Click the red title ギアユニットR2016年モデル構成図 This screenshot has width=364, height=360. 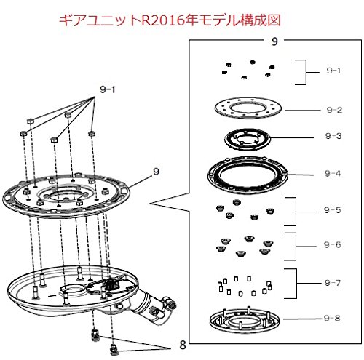pyautogui.click(x=170, y=20)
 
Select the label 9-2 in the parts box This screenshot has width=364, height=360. pyautogui.click(x=334, y=110)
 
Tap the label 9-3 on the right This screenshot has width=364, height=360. pyautogui.click(x=333, y=136)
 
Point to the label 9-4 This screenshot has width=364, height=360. pyautogui.click(x=333, y=173)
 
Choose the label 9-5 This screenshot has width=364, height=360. pyautogui.click(x=332, y=210)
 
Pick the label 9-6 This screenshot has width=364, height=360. pyautogui.click(x=332, y=244)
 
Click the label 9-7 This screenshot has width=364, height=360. pyautogui.click(x=333, y=283)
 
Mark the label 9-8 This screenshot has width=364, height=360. pyautogui.click(x=332, y=318)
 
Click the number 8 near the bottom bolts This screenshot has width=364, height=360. pyautogui.click(x=183, y=345)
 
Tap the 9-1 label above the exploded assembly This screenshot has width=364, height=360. pyautogui.click(x=108, y=89)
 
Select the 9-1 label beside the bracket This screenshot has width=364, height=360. pyautogui.click(x=333, y=71)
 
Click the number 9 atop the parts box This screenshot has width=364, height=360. pyautogui.click(x=274, y=41)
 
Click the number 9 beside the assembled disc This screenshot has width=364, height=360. pyautogui.click(x=157, y=172)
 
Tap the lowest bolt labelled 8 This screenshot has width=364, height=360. pyautogui.click(x=114, y=350)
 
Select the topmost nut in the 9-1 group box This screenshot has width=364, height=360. pyautogui.click(x=253, y=62)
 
